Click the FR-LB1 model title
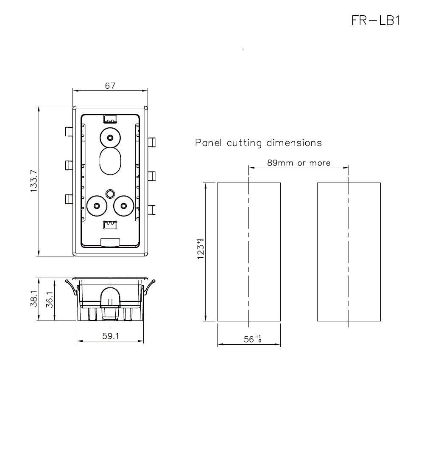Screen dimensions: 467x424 376,20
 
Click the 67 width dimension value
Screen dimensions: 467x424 110,86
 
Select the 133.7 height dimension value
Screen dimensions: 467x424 34,181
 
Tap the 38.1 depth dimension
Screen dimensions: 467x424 34,299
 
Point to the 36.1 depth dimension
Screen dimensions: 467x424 49,300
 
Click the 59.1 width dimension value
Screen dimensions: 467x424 111,336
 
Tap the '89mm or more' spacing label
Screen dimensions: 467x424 298,163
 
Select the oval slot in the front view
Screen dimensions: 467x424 110,161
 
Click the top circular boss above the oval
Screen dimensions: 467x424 110,138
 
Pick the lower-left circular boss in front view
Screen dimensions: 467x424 97,206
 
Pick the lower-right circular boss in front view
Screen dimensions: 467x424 123,206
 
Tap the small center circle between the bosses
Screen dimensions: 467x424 110,193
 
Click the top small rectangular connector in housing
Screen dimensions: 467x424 110,118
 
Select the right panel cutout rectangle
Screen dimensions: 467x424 349,252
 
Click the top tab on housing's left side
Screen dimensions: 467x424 68,131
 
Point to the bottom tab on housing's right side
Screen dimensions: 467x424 152,210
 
